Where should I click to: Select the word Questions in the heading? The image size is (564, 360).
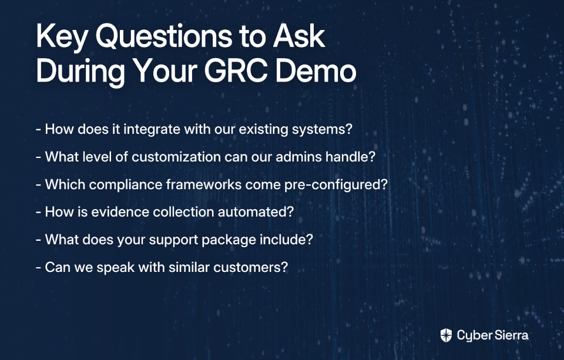pyautogui.click(x=164, y=36)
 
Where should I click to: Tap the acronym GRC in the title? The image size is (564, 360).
pyautogui.click(x=236, y=70)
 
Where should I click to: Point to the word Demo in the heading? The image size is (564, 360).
pyautogui.click(x=316, y=70)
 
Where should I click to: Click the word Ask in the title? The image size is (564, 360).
pyautogui.click(x=299, y=36)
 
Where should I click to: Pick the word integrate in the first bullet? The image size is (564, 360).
pyautogui.click(x=152, y=129)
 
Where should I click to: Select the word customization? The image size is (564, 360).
pyautogui.click(x=176, y=157)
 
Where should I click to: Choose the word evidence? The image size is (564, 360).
pyautogui.click(x=120, y=212)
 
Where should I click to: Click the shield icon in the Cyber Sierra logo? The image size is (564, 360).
pyautogui.click(x=446, y=335)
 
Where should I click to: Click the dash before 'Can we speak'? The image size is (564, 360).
pyautogui.click(x=39, y=268)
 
